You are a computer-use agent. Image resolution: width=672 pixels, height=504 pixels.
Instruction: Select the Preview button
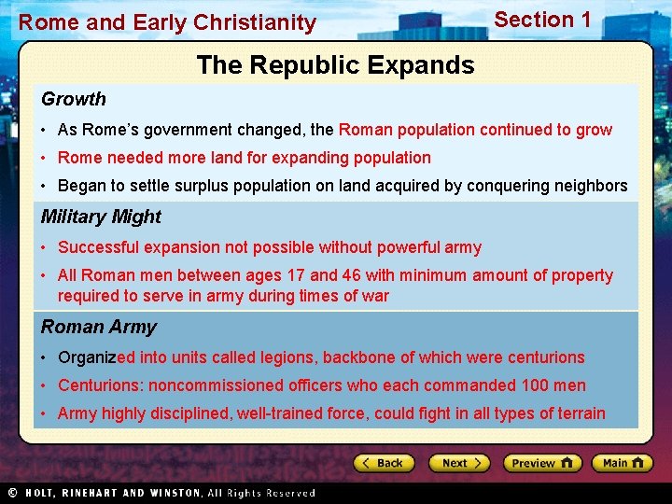tap(542, 463)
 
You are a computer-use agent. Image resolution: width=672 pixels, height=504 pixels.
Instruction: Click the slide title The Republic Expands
tap(335, 65)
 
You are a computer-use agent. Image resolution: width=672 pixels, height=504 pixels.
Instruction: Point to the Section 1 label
tap(542, 20)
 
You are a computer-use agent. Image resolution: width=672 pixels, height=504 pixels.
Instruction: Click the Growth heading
tap(74, 99)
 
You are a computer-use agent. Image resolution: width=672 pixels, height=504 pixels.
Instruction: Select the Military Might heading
tap(101, 217)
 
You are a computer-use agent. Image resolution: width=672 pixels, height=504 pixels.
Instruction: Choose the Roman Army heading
tap(99, 327)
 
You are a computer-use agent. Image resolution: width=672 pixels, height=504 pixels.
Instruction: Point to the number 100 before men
tap(536, 385)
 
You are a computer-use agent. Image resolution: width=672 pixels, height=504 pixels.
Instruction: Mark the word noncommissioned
tap(213, 385)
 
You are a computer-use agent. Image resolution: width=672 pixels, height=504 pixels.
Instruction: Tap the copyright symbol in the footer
tap(12, 493)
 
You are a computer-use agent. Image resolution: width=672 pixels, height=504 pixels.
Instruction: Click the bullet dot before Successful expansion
tap(45, 248)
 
